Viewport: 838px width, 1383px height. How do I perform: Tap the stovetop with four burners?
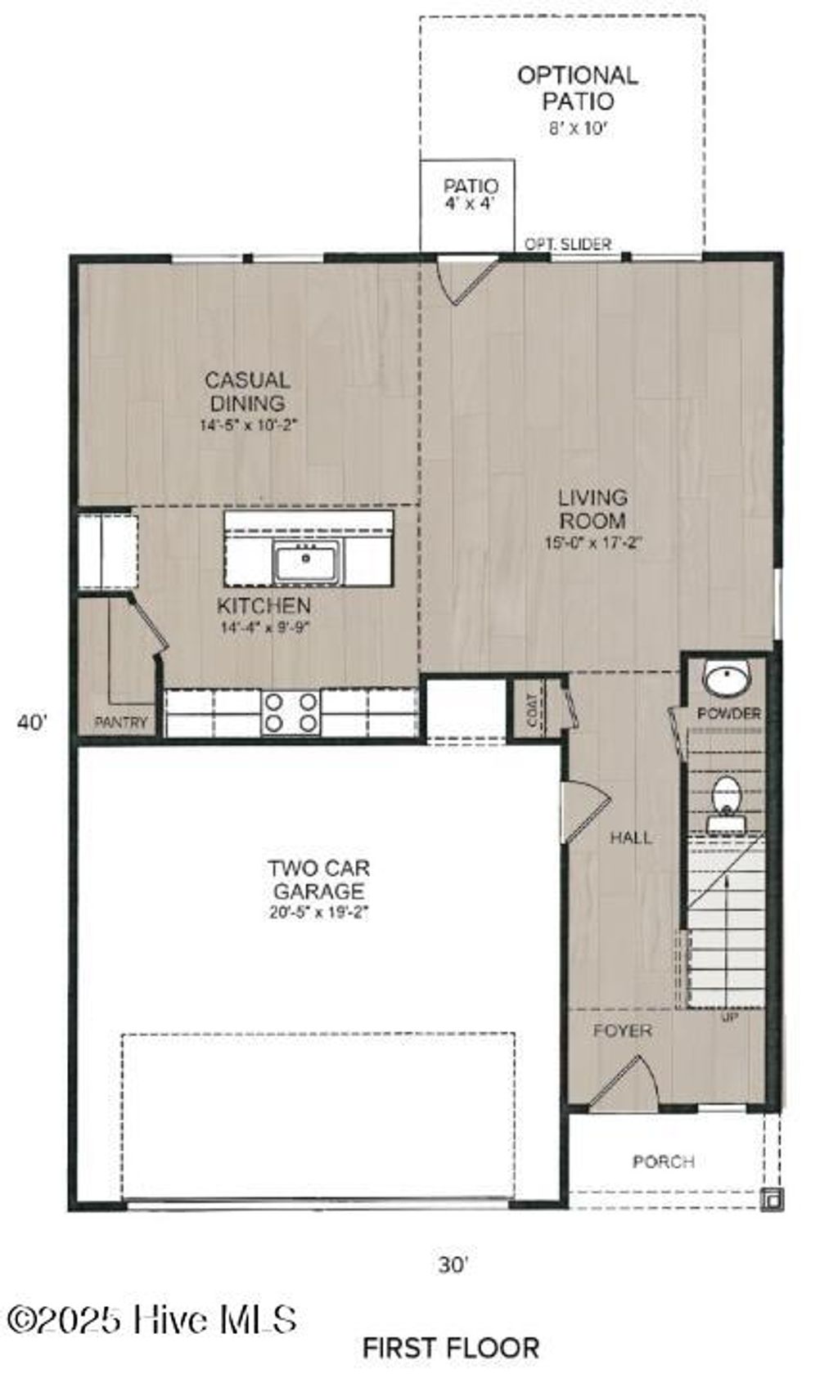click(290, 712)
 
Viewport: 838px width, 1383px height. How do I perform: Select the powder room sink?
click(728, 679)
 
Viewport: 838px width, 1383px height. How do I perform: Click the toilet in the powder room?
click(726, 796)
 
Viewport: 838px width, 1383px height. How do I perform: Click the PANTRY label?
click(121, 722)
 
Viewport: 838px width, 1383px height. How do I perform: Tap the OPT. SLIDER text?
click(567, 244)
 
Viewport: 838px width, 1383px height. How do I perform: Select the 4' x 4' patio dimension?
click(470, 204)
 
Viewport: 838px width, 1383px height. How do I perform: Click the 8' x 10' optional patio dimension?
click(577, 128)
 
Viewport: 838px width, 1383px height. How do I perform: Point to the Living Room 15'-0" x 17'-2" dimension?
click(593, 542)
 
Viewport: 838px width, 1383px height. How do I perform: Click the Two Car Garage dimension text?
click(318, 914)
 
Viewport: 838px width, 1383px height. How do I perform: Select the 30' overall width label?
click(453, 1264)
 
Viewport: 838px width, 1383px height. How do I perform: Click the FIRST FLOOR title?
click(451, 1347)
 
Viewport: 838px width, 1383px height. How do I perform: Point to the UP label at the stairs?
click(729, 1019)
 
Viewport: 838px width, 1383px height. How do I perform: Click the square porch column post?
click(771, 1198)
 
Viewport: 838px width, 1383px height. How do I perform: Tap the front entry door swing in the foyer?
click(626, 1084)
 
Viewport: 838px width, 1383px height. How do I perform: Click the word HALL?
click(631, 837)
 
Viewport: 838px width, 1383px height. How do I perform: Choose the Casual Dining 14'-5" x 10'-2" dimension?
click(248, 425)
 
